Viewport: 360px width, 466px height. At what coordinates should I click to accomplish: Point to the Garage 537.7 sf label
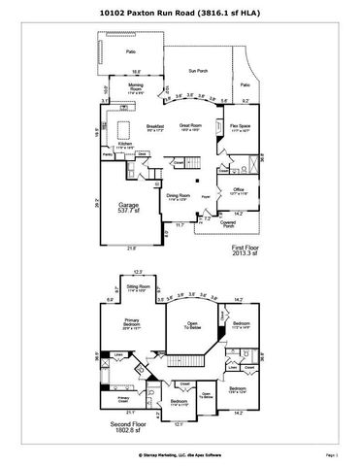pyautogui.click(x=128, y=208)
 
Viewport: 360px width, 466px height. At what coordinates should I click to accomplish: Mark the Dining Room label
pyautogui.click(x=178, y=197)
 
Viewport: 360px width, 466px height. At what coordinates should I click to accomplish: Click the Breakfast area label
pyautogui.click(x=154, y=127)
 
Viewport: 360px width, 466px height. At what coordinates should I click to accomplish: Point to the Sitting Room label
pyautogui.click(x=138, y=287)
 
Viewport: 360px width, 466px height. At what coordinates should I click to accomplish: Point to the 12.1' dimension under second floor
pyautogui.click(x=179, y=423)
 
